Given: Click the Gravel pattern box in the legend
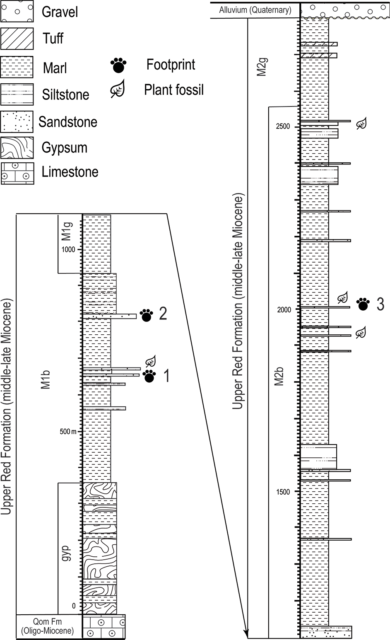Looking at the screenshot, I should tap(17, 11).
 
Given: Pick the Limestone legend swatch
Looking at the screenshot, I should tap(17, 173).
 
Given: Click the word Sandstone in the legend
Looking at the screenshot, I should tap(68, 122).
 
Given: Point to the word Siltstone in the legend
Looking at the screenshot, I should tap(66, 94).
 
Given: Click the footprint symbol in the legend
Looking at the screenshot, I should tap(118, 65).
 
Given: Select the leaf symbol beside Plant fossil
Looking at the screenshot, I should tap(118, 89).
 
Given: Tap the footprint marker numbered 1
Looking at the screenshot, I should tap(149, 376).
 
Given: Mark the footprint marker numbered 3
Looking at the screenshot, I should tap(363, 304).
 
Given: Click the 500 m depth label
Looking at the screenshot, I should tap(68, 431).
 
